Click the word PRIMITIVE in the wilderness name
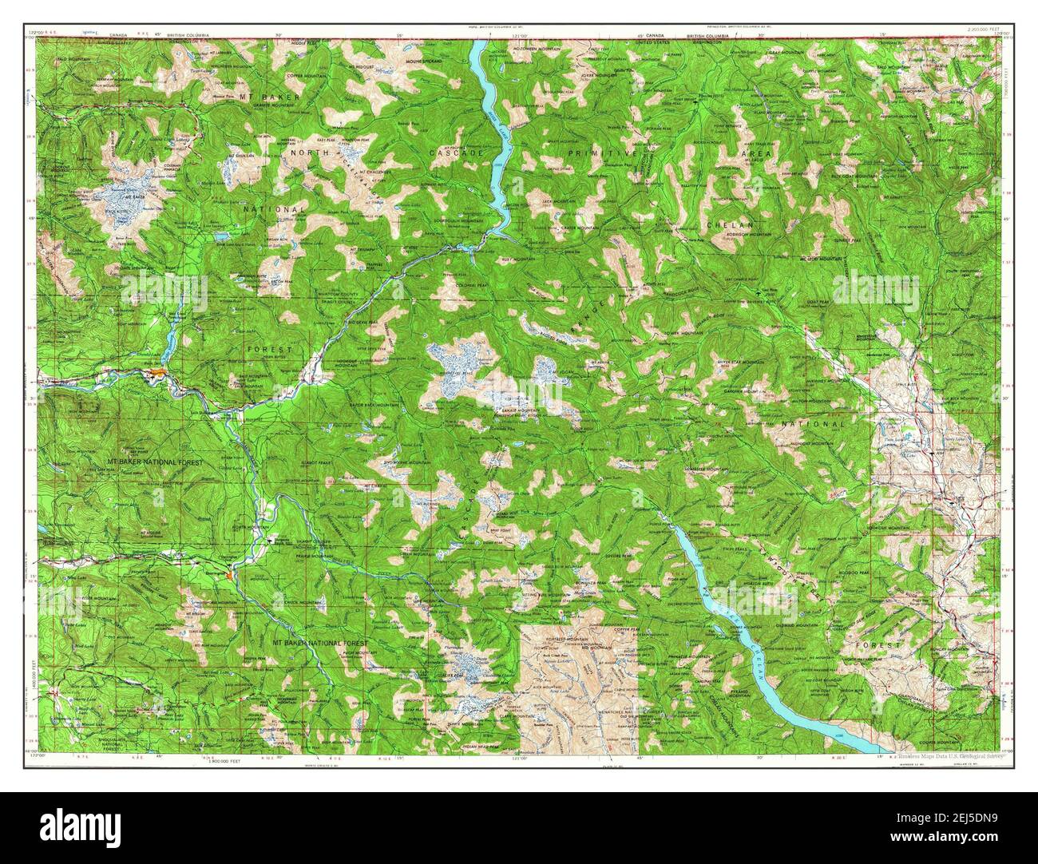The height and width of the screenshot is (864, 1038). coord(614,152)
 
